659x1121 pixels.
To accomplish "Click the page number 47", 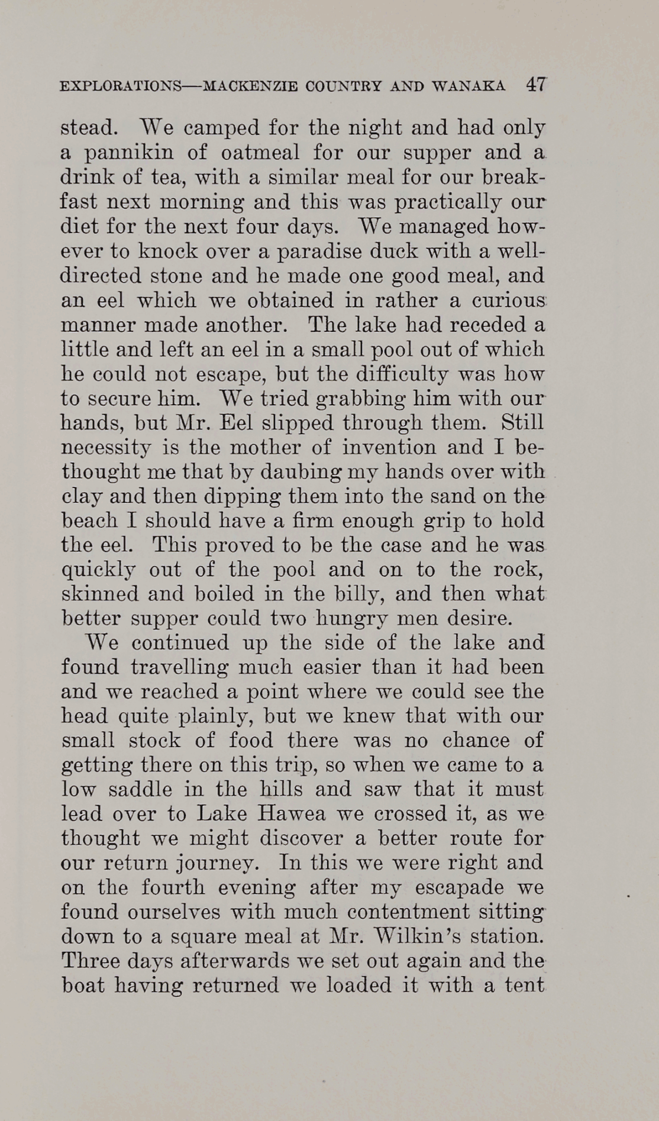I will click(536, 85).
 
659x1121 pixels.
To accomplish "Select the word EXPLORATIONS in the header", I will click(121, 87).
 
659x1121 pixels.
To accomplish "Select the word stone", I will click(185, 276).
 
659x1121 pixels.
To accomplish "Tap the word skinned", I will click(99, 594).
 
